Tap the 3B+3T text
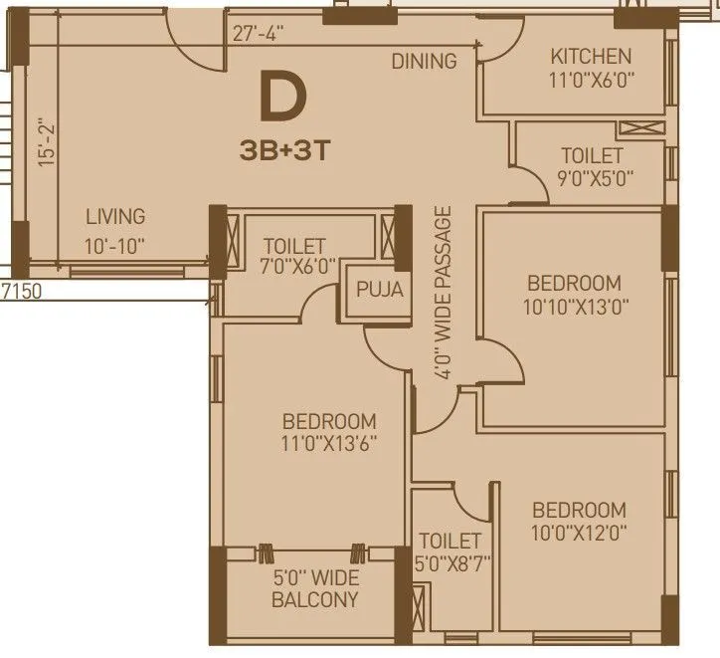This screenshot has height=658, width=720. (x=283, y=151)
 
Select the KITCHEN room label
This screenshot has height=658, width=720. (x=591, y=57)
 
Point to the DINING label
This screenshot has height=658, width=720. (x=424, y=62)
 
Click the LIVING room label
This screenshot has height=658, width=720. (x=114, y=216)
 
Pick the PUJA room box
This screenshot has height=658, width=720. (x=381, y=291)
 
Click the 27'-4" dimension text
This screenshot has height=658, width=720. (x=259, y=33)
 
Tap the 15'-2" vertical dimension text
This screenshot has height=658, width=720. (x=43, y=143)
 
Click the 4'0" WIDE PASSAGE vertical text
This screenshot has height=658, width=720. (x=444, y=291)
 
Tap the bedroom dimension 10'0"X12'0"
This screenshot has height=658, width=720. (x=579, y=532)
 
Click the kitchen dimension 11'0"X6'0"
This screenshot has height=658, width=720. (x=591, y=80)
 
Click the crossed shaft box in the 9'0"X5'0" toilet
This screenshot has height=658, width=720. (x=637, y=128)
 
